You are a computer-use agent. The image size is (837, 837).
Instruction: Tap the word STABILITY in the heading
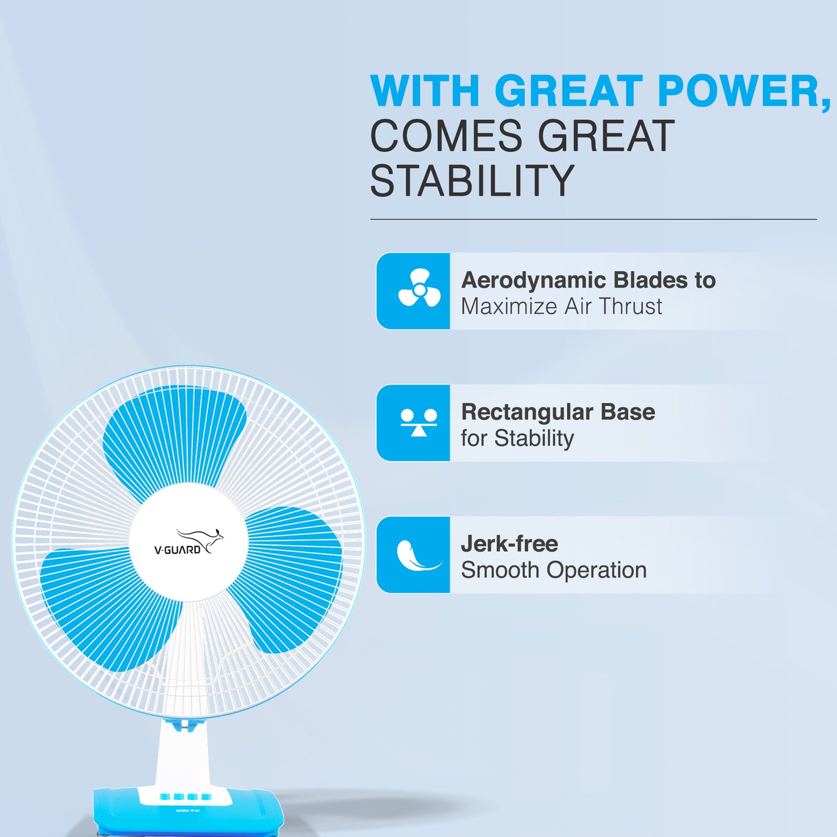[472, 181]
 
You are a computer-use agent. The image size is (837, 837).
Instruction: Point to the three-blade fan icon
[419, 288]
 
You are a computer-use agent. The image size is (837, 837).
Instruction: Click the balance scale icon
[419, 422]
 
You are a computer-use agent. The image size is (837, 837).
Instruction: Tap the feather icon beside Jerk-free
[417, 555]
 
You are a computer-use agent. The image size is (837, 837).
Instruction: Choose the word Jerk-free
[510, 544]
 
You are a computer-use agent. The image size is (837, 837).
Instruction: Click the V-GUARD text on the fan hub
[177, 550]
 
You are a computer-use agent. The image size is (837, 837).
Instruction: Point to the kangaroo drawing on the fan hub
[200, 540]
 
